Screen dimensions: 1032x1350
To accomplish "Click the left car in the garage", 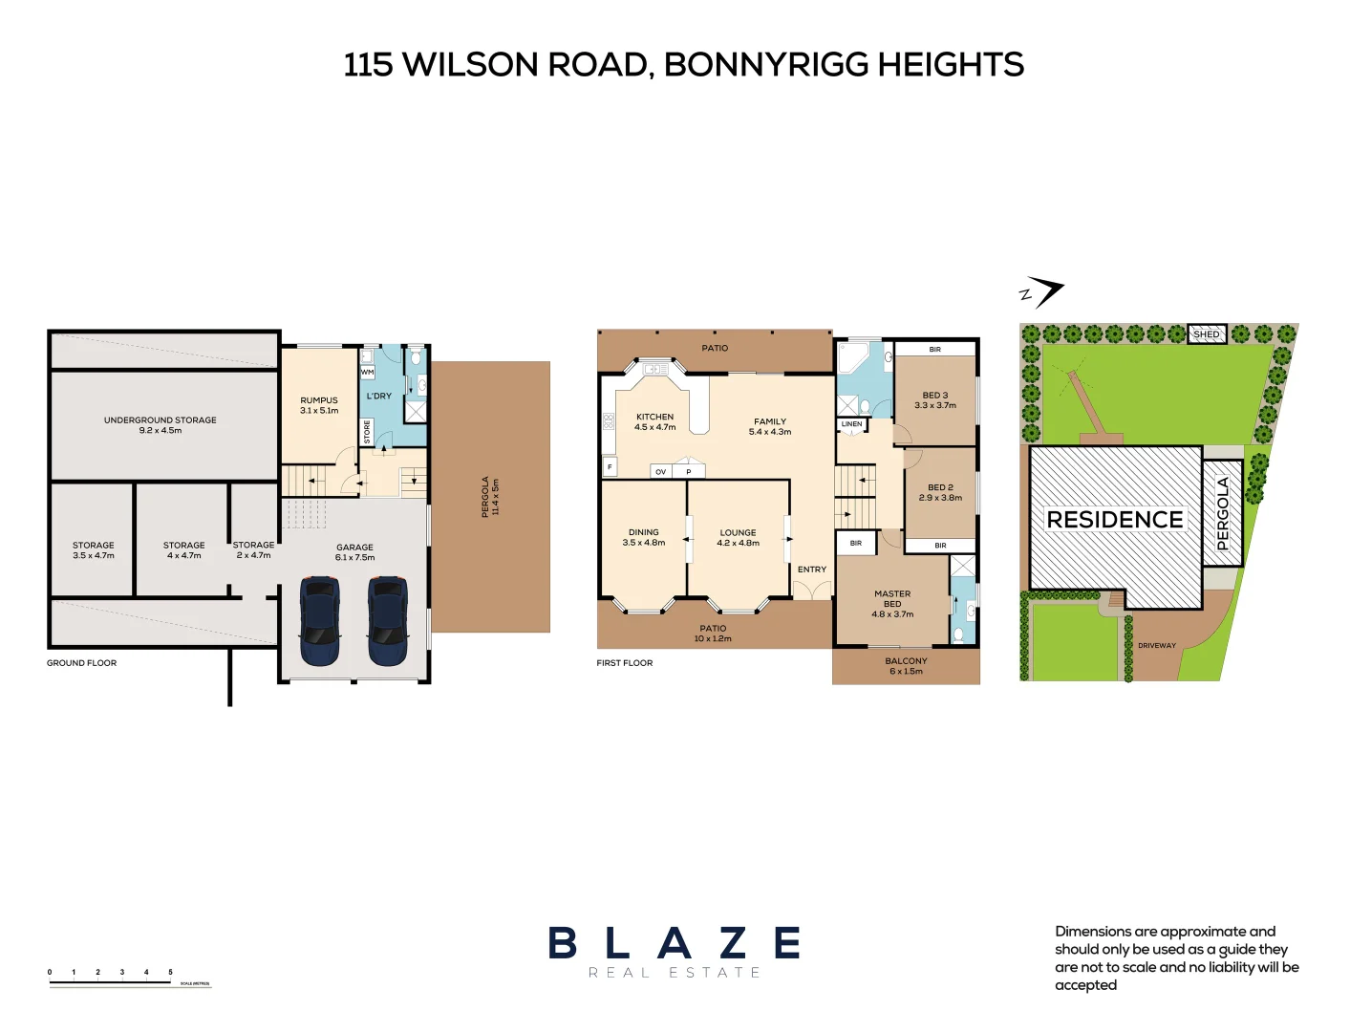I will [320, 620].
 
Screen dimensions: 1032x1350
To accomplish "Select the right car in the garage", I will [388, 620].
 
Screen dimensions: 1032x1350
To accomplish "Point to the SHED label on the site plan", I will [1207, 334].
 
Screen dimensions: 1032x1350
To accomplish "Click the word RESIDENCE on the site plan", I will [1115, 520].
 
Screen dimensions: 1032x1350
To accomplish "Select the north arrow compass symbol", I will [1041, 292].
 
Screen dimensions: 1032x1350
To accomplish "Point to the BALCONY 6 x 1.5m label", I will [906, 666].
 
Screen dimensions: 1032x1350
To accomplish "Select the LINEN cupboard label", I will [851, 423].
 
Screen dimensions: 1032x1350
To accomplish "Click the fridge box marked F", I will [610, 467].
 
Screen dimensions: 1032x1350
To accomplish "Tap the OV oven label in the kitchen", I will [660, 472].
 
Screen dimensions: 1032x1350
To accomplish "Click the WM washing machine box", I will [367, 372].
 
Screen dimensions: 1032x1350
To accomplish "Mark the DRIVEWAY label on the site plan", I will [1157, 646].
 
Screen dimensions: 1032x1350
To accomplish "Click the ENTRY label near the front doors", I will [812, 570].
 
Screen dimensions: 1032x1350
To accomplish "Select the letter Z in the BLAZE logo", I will [734, 943].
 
